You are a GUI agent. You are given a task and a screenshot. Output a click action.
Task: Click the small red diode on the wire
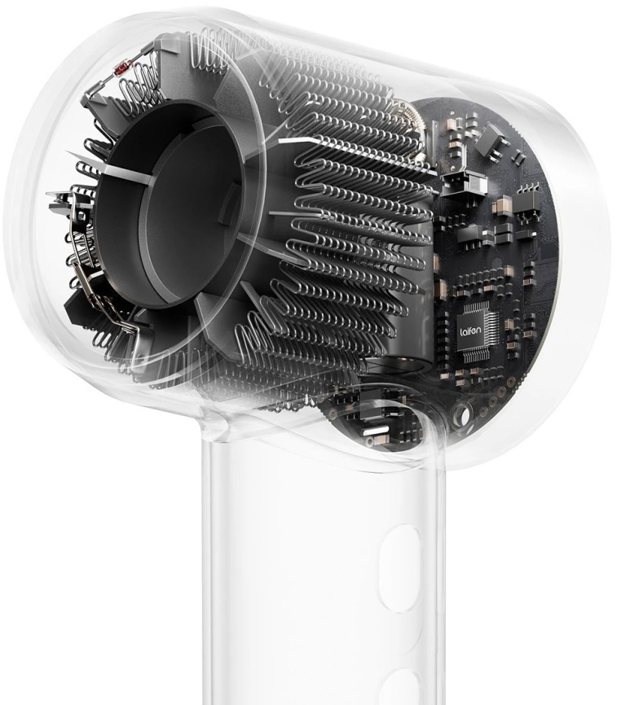(x=121, y=69)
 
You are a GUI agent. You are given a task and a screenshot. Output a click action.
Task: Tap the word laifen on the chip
(x=470, y=332)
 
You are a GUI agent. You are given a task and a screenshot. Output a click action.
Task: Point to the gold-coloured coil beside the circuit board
(x=408, y=118)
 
